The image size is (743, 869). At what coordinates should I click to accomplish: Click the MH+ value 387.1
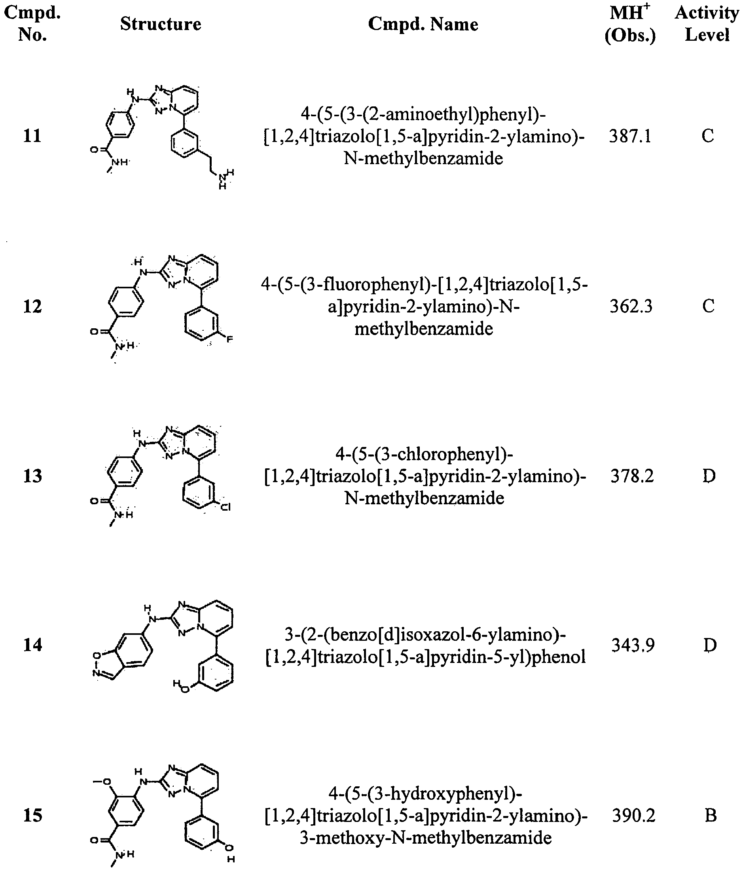point(630,136)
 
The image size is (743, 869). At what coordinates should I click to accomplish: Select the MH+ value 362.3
point(631,306)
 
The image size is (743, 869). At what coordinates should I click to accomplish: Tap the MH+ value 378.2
point(632,476)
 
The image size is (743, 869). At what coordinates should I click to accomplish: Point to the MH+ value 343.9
point(633,645)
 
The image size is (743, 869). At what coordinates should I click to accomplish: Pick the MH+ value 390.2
point(633,815)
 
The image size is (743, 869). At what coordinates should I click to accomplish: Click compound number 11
point(32,136)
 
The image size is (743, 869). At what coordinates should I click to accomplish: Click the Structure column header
point(161,24)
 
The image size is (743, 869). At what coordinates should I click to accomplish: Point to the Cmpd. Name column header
point(423,24)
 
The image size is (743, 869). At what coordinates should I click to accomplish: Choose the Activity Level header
point(707,24)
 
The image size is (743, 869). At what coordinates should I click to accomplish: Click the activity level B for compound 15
point(711,815)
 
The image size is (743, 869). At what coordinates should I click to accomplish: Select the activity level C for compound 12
point(708,306)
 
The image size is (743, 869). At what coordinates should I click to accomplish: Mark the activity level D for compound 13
point(709,476)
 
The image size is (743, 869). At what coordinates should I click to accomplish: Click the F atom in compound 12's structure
point(229,340)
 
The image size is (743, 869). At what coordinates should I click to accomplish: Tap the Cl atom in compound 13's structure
point(226,507)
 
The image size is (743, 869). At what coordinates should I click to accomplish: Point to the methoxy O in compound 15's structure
point(107,781)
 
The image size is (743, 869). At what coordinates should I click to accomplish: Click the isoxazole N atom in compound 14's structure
point(96,674)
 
